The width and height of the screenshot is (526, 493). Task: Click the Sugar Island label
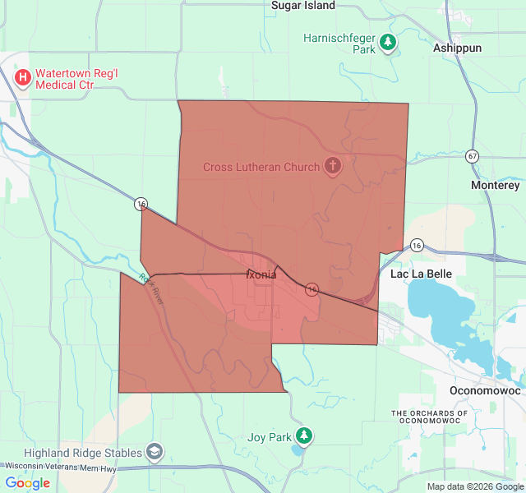[303, 6]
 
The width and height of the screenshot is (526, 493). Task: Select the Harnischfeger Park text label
[339, 44]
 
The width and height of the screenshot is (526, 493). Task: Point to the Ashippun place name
[457, 48]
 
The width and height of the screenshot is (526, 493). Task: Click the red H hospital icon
[23, 78]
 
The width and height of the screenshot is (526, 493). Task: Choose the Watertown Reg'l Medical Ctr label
[79, 78]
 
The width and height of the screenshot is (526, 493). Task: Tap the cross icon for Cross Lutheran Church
[332, 167]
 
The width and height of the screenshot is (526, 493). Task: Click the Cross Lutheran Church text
[261, 168]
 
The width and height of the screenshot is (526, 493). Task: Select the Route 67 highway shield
[472, 155]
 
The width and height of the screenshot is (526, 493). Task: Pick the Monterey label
[496, 186]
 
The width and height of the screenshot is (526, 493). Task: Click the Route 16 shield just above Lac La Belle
[417, 245]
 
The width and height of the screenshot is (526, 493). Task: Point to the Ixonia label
[261, 274]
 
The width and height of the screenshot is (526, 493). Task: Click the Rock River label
[152, 289]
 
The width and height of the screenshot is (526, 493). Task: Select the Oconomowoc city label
[486, 390]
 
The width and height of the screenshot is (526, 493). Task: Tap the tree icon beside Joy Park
[305, 435]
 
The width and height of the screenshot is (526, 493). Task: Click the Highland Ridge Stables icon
[154, 452]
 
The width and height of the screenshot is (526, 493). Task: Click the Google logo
[27, 483]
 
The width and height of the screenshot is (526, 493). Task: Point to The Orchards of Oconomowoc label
[441, 417]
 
